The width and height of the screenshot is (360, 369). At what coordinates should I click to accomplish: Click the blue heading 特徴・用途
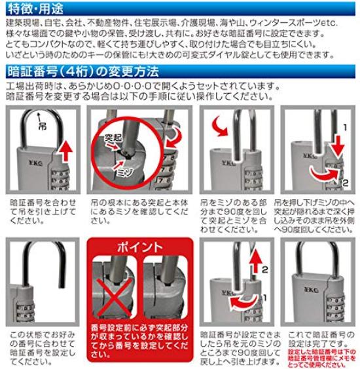pos(33,9)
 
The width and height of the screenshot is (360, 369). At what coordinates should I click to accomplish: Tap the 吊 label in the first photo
pos(43,122)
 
